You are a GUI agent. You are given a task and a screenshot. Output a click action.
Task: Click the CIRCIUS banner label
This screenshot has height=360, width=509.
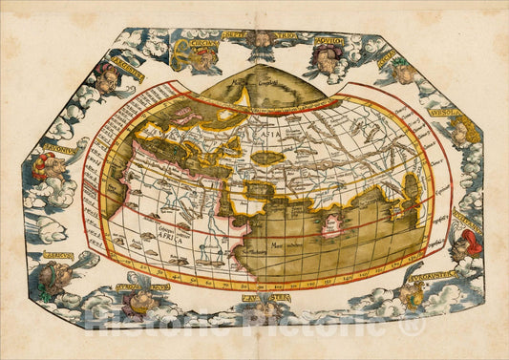pos(198,42)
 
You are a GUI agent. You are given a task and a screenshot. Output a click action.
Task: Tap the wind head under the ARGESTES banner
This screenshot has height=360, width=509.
pos(108,81)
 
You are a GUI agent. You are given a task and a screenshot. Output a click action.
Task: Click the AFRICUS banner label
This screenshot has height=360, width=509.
pos(58,257)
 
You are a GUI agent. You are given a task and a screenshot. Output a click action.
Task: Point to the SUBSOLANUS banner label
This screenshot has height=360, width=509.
pos(442,116)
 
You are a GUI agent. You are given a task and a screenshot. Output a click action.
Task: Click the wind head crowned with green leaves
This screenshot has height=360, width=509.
pos(402,69)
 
